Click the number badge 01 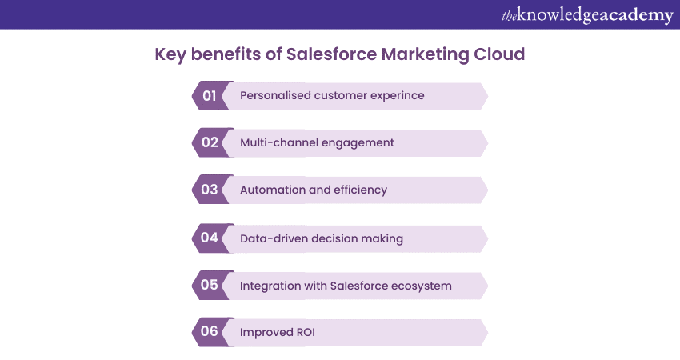tap(210, 96)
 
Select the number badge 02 tap(210, 143)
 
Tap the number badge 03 tap(210, 190)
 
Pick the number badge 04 tap(210, 238)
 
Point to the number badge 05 tap(210, 286)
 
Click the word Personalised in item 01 tap(275, 96)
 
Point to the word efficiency tap(359, 190)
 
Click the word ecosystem tap(422, 286)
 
